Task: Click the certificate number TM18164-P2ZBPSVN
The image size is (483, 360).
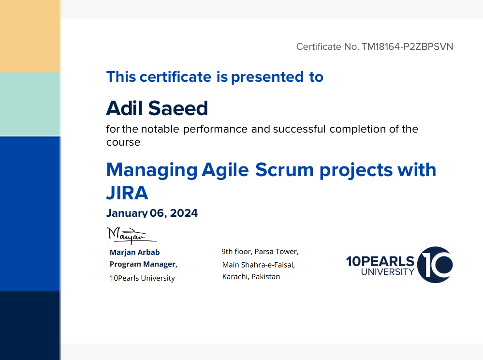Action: pyautogui.click(x=407, y=46)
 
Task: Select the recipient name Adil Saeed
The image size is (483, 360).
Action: pyautogui.click(x=157, y=108)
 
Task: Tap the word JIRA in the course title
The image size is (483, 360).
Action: pyautogui.click(x=127, y=193)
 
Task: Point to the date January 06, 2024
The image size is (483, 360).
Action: pyautogui.click(x=152, y=213)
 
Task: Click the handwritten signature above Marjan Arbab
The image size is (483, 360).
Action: pyautogui.click(x=131, y=236)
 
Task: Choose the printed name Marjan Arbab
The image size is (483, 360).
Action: pyautogui.click(x=134, y=252)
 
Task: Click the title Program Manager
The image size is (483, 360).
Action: pyautogui.click(x=143, y=264)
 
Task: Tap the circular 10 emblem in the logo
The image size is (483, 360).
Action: pyautogui.click(x=435, y=265)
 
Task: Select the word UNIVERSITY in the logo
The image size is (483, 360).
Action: pyautogui.click(x=388, y=272)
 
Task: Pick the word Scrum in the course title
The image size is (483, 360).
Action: pyautogui.click(x=284, y=170)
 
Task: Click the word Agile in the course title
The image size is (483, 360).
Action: pyautogui.click(x=225, y=171)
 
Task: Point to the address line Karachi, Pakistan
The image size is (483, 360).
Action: pyautogui.click(x=251, y=276)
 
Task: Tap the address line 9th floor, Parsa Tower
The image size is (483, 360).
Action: pyautogui.click(x=260, y=252)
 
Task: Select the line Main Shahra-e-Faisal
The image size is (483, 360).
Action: pyautogui.click(x=259, y=265)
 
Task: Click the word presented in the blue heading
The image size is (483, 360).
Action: pyautogui.click(x=267, y=77)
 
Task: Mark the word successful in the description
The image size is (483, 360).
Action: pyautogui.click(x=299, y=129)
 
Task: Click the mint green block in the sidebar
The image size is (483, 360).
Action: pyautogui.click(x=30, y=104)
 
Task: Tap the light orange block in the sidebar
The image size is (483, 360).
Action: pyautogui.click(x=30, y=36)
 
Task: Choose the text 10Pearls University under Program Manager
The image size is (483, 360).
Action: pyautogui.click(x=142, y=278)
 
